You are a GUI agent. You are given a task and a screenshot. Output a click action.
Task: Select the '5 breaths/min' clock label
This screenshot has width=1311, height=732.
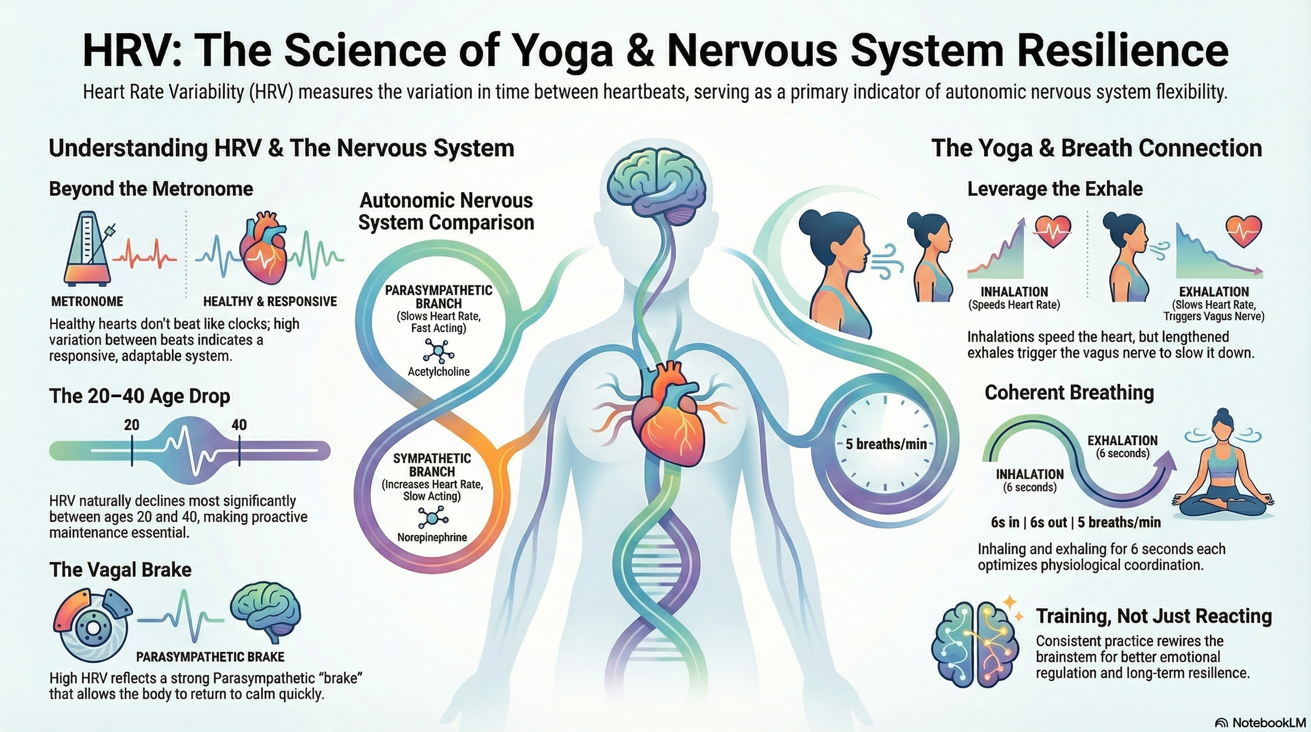(x=886, y=444)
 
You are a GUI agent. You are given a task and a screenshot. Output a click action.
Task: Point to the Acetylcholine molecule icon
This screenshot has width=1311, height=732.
(x=438, y=351)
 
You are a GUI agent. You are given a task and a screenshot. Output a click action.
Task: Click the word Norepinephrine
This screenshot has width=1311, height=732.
(x=432, y=537)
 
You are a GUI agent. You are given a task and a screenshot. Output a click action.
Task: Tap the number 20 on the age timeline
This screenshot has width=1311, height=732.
(x=132, y=425)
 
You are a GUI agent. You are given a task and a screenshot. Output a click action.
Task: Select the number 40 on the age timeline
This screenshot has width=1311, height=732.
(x=239, y=425)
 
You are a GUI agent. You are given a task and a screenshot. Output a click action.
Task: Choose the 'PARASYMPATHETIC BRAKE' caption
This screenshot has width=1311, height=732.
(x=210, y=657)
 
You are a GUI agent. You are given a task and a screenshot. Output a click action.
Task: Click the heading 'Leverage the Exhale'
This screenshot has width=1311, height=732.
(x=1055, y=189)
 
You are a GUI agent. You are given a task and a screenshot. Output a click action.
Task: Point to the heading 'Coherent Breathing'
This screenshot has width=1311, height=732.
(x=1069, y=392)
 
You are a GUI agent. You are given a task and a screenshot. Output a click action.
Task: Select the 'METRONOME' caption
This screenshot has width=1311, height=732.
(x=87, y=302)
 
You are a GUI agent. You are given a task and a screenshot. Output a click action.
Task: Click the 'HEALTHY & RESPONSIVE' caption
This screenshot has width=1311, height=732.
(x=270, y=302)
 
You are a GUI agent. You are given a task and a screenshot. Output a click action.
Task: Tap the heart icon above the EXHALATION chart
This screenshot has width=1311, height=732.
(x=1243, y=231)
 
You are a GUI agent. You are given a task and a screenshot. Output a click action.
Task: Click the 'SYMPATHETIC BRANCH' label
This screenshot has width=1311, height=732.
(x=432, y=465)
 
